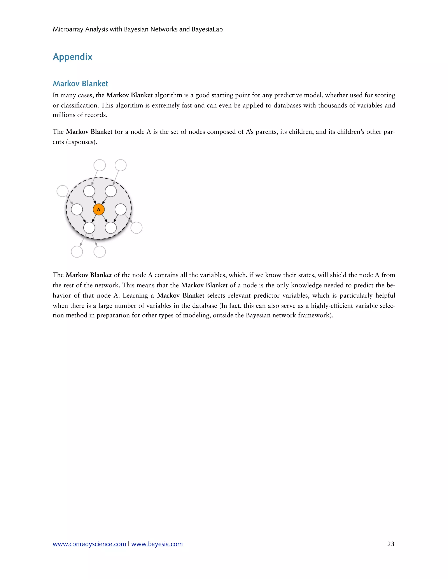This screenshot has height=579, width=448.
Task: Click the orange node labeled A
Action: click(x=98, y=210)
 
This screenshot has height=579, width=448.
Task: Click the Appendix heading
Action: click(x=72, y=57)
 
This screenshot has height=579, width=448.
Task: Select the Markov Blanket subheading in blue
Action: click(x=80, y=83)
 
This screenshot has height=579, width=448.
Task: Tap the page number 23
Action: click(x=391, y=544)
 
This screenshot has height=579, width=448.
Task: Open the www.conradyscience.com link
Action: click(x=89, y=544)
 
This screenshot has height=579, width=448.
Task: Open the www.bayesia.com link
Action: click(x=157, y=544)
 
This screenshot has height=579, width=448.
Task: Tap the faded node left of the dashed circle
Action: click(x=63, y=191)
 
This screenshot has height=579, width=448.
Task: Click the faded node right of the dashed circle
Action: click(x=136, y=228)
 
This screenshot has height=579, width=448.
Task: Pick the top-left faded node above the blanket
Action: click(x=100, y=165)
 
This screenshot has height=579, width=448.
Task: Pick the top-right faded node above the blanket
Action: click(x=121, y=165)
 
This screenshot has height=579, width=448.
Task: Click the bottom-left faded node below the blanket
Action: click(x=77, y=251)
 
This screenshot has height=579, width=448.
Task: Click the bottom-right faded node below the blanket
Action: click(x=100, y=251)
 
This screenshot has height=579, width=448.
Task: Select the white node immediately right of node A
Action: click(x=121, y=210)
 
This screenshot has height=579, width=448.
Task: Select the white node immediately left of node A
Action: click(x=77, y=210)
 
